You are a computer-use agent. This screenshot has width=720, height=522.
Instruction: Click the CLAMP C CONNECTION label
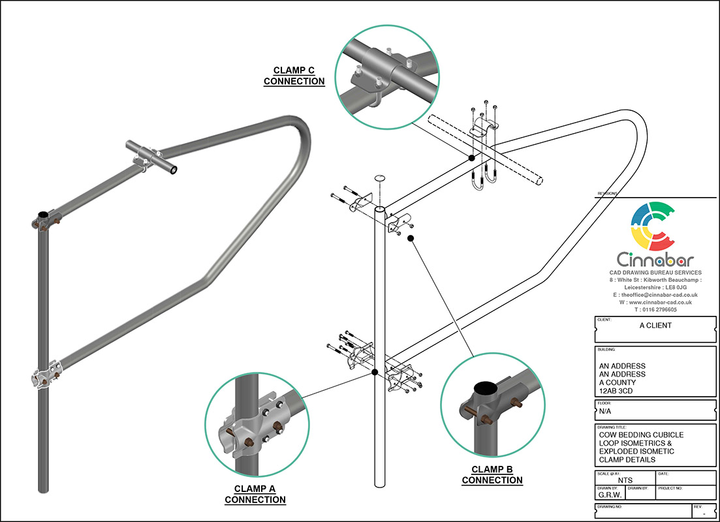point(294,76)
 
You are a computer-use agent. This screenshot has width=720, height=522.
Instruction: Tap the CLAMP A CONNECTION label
point(255,494)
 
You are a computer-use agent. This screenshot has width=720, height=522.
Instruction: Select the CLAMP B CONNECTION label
point(492,474)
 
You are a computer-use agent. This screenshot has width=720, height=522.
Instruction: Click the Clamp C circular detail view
point(384,74)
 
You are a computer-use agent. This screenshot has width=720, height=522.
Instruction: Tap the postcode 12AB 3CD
point(622,391)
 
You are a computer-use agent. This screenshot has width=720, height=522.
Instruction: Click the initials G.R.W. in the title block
point(610,495)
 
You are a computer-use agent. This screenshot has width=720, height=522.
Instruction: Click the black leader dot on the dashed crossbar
point(471,158)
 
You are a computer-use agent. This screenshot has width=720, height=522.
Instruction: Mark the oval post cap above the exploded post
point(379,179)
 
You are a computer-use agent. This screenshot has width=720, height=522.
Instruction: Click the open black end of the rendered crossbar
point(172,170)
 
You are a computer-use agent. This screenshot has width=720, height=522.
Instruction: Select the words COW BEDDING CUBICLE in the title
point(641,434)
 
